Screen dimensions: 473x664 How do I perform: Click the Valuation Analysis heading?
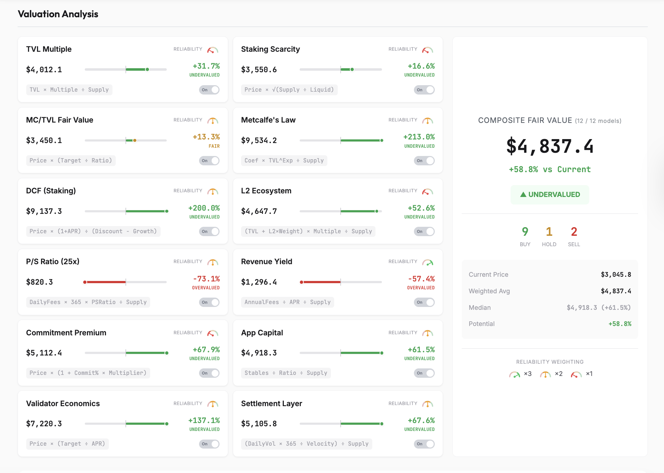click(x=58, y=14)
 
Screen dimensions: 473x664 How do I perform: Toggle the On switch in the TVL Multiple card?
click(x=209, y=90)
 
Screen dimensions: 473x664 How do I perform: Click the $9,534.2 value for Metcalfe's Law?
click(x=259, y=141)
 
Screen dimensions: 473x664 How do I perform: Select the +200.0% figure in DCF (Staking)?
click(x=204, y=208)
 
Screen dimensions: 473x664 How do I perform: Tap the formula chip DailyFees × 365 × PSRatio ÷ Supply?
click(x=88, y=302)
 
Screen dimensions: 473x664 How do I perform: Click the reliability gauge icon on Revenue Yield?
click(x=428, y=262)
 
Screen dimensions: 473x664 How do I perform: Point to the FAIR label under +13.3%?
click(x=214, y=146)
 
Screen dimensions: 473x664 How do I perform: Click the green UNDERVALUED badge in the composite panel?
click(x=550, y=194)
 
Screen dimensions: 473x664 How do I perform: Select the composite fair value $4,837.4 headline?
click(x=550, y=146)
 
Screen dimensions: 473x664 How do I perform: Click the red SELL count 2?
click(x=574, y=232)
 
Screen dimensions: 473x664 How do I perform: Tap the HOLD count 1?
click(x=549, y=232)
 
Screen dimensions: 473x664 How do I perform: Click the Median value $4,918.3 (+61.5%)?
click(x=599, y=308)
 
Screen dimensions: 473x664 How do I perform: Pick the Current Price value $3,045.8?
click(x=616, y=275)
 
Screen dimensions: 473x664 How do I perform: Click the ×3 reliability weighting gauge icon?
click(x=515, y=375)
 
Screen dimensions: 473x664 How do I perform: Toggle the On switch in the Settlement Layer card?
click(x=424, y=444)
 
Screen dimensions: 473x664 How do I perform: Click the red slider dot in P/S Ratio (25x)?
click(x=85, y=282)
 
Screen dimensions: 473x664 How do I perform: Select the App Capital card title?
click(x=262, y=333)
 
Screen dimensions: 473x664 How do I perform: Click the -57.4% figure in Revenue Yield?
click(x=421, y=279)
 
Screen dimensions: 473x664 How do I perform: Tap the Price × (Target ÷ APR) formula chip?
click(x=67, y=444)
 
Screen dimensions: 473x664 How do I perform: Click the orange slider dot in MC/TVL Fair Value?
click(x=135, y=141)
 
